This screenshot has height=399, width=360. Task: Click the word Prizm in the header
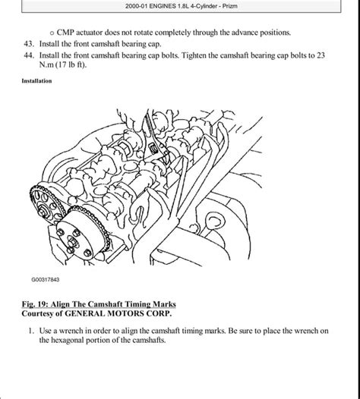point(229,6)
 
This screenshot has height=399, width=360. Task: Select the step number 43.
point(29,44)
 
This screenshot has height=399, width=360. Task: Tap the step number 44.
point(29,55)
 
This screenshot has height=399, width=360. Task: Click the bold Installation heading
point(36,81)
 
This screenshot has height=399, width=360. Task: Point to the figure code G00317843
point(46,279)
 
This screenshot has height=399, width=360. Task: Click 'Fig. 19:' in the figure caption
point(35,304)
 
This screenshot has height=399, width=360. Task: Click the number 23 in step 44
point(321,55)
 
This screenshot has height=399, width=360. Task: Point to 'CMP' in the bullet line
point(65,33)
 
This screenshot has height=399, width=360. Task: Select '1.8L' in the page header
point(182,6)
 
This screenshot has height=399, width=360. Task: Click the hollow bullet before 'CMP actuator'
point(52,33)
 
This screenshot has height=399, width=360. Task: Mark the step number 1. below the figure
point(31,331)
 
